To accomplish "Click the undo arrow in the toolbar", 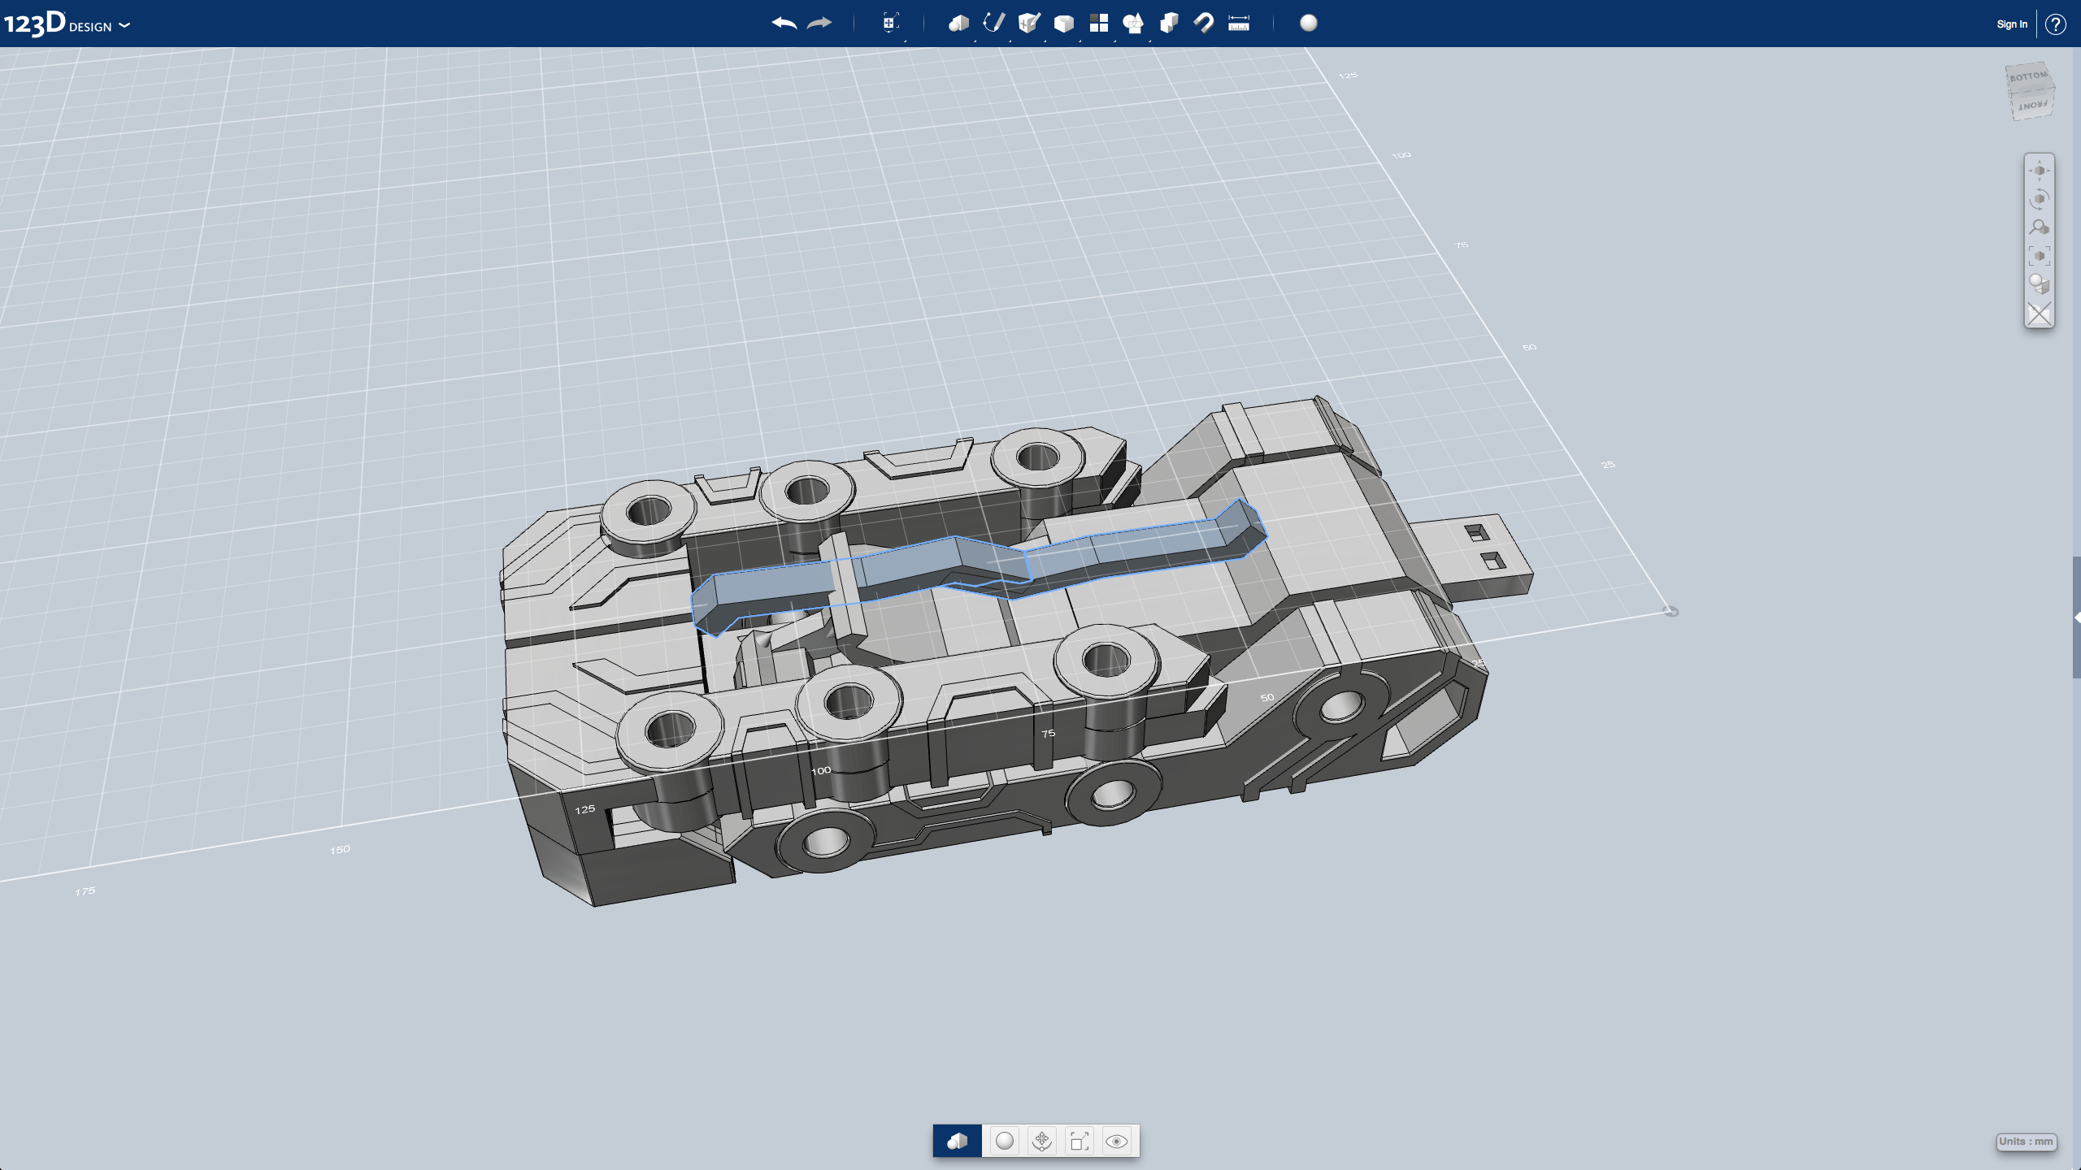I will [784, 24].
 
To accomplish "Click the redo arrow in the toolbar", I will [819, 24].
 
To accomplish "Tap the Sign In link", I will [2011, 24].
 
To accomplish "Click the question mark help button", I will [2055, 24].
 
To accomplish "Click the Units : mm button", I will [2026, 1142].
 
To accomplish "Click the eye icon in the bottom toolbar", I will [1116, 1142].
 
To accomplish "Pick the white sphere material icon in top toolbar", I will [1308, 24].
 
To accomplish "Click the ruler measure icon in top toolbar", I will [1238, 24].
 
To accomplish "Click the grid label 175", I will [85, 891].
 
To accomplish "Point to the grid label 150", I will [340, 850].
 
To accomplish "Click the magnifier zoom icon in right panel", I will [2039, 228].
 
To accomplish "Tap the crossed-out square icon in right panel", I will [2039, 314].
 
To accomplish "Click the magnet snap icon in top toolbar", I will [1203, 24].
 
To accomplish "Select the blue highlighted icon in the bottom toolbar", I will [957, 1142].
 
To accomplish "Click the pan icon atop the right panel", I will [2039, 171].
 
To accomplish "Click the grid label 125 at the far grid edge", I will [1348, 76].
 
